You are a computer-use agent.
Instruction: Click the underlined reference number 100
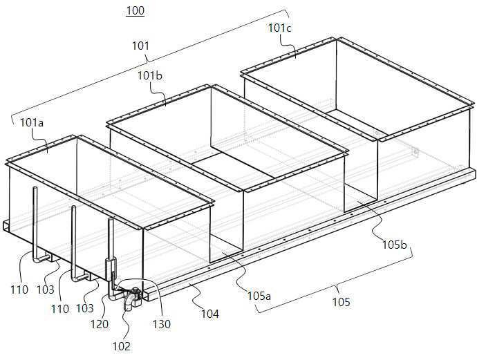point(135,11)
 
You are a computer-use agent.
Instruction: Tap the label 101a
point(32,123)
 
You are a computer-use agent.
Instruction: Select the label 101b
point(150,75)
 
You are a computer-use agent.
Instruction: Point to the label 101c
point(279,28)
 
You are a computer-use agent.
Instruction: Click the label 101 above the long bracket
point(140,46)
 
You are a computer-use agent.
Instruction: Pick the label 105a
point(259,296)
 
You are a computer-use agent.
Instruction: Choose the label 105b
point(394,245)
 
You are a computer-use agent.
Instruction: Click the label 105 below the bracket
point(342,302)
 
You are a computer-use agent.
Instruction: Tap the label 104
point(210,314)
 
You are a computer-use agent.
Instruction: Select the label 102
point(122,346)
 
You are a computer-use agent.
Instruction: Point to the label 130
point(162,324)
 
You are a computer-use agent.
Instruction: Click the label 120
point(99,324)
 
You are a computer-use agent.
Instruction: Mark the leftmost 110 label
point(19,290)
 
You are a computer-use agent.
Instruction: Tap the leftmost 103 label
point(46,290)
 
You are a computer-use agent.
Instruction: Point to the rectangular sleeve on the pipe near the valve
point(110,269)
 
